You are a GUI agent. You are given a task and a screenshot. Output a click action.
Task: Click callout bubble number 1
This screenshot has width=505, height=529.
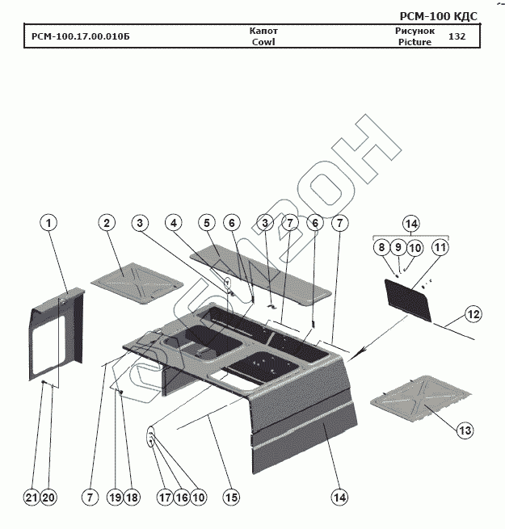(49, 222)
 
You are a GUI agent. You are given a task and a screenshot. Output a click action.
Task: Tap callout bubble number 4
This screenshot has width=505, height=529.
(173, 222)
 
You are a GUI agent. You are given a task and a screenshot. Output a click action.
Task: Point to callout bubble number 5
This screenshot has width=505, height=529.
(208, 222)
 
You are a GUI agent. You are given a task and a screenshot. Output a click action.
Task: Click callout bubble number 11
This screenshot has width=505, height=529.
(439, 248)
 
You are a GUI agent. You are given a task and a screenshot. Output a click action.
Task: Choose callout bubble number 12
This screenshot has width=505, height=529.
(473, 313)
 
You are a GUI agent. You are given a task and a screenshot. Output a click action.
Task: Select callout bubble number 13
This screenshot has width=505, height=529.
(464, 430)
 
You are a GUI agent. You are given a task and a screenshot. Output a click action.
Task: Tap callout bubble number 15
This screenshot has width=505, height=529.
(231, 498)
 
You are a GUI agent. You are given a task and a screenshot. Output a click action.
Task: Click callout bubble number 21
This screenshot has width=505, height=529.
(32, 498)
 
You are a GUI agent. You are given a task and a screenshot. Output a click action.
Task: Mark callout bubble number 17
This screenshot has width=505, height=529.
(164, 498)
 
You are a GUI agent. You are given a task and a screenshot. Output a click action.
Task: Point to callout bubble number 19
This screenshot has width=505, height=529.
(116, 498)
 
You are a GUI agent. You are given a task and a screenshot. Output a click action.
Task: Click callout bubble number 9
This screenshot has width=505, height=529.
(398, 248)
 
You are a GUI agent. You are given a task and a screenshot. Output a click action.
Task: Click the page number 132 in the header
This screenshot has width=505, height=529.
(457, 36)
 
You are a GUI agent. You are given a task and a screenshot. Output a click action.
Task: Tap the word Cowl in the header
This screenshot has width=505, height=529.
(263, 42)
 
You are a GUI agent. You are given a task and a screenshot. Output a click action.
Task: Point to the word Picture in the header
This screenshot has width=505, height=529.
(415, 42)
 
